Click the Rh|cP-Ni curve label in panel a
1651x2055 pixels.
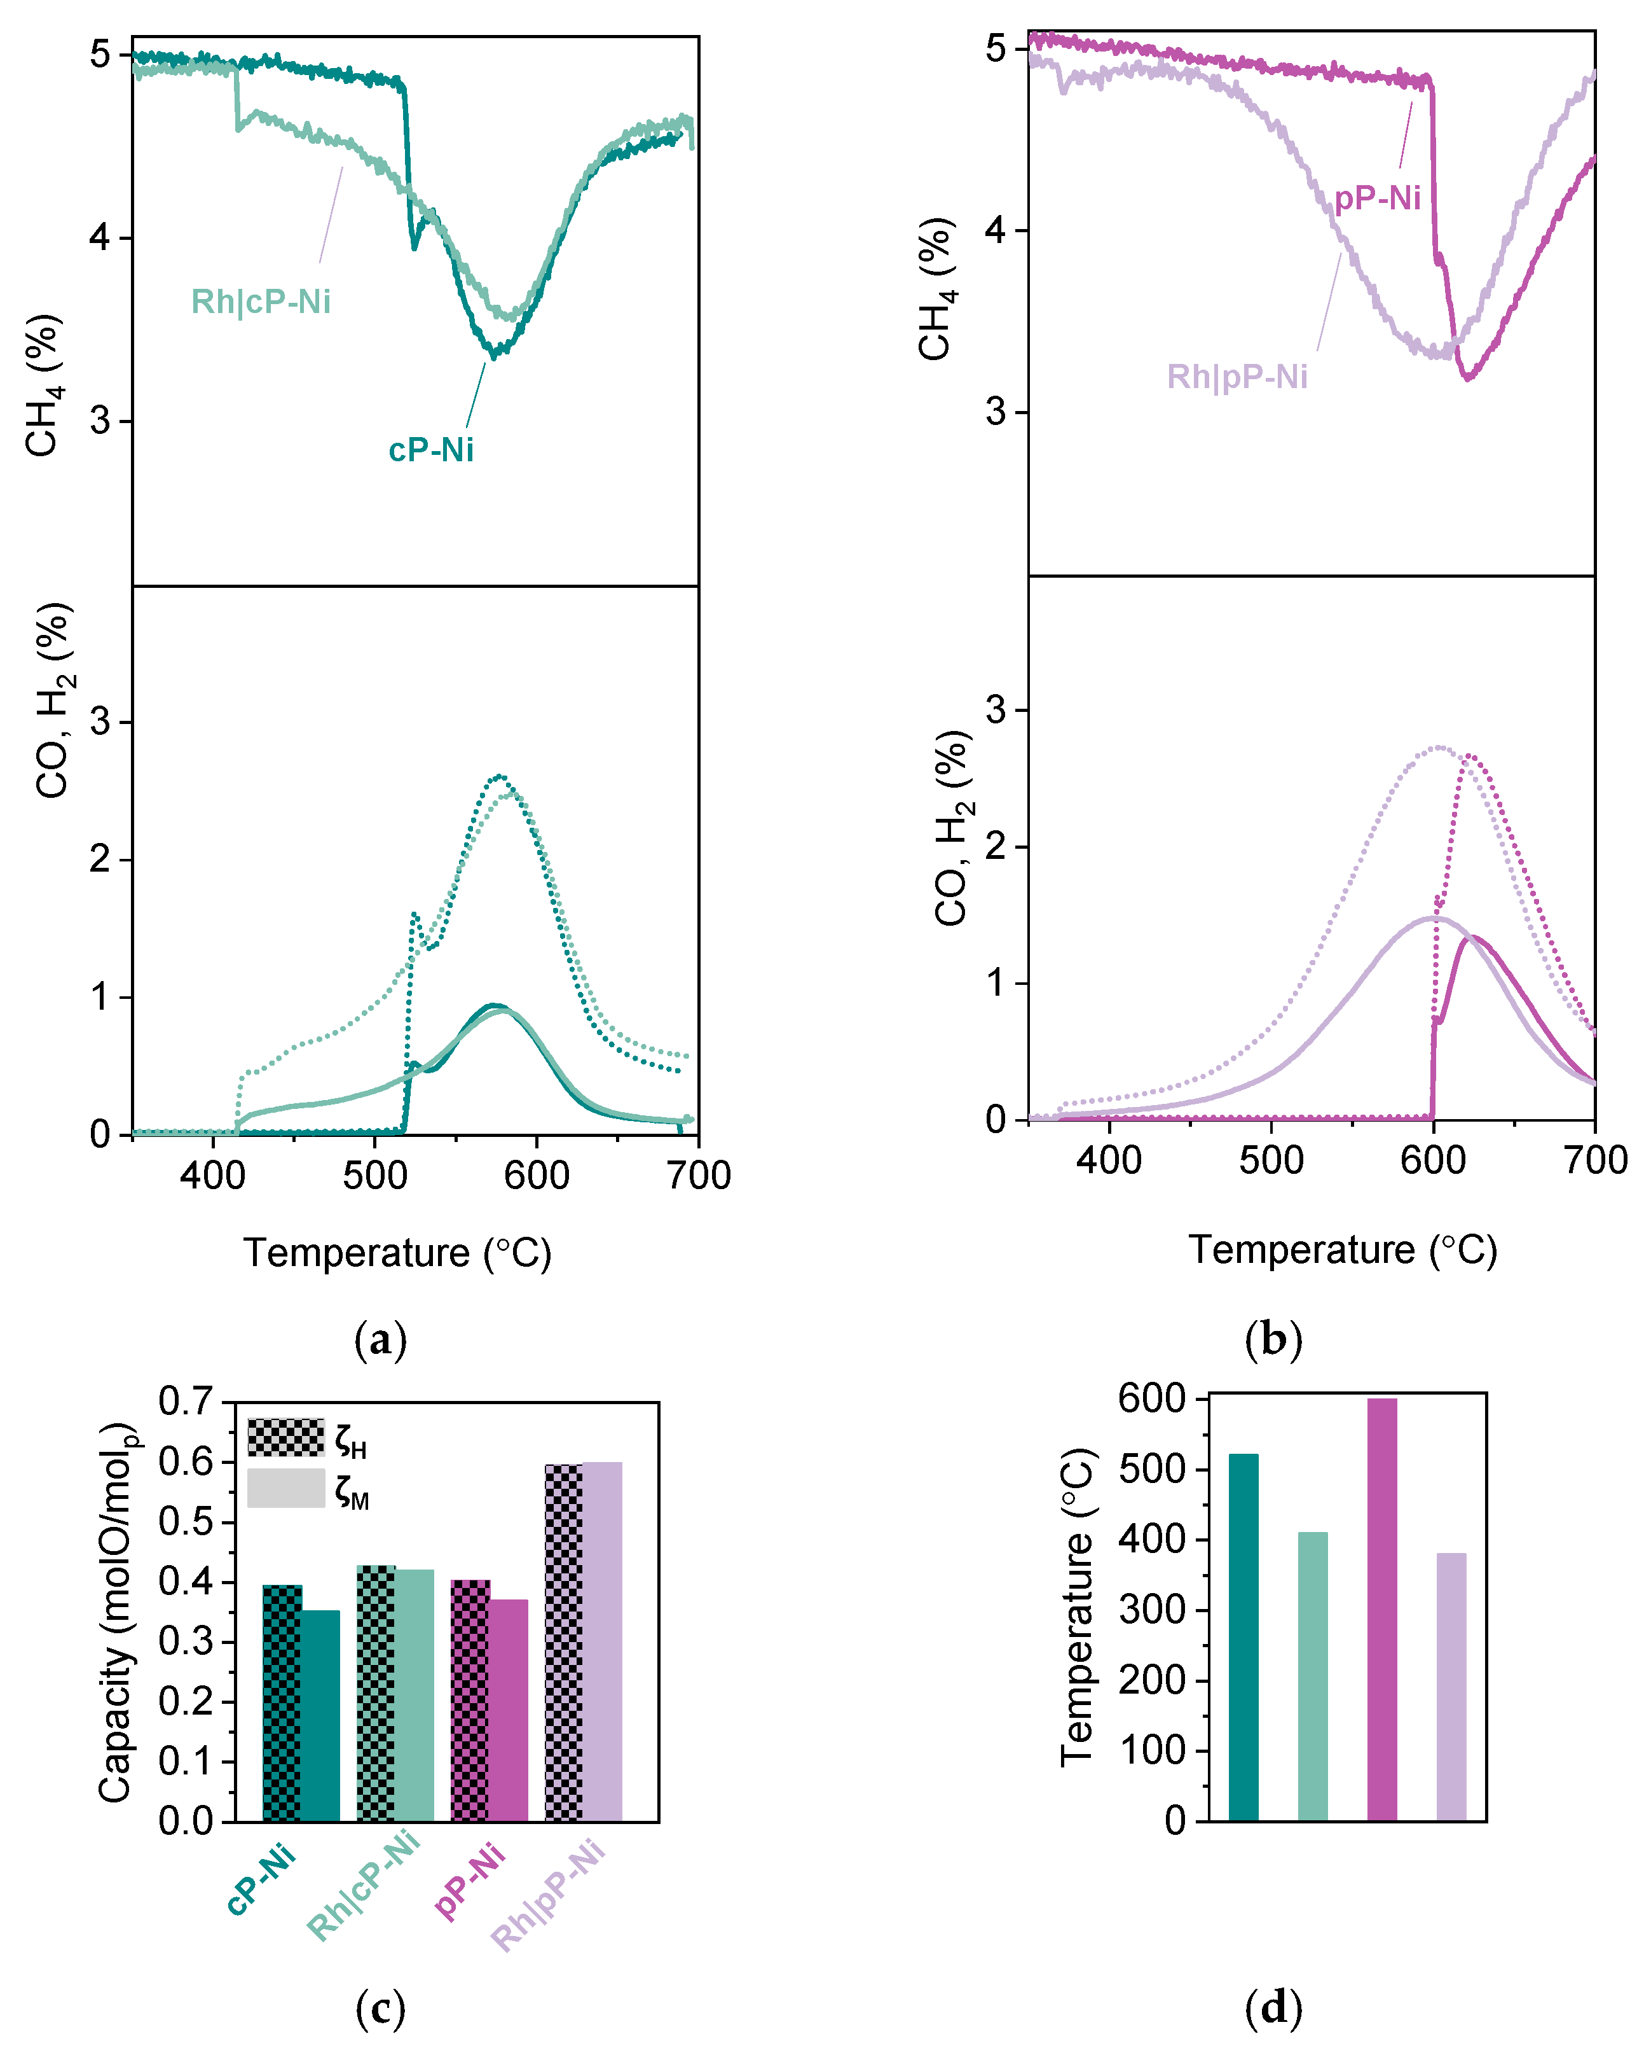click(261, 302)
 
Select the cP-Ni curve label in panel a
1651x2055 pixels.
click(430, 450)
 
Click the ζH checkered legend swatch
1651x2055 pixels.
click(286, 1437)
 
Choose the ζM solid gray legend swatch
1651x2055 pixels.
click(286, 1488)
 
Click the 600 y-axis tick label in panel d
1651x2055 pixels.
click(1152, 1398)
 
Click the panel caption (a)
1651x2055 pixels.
click(380, 1340)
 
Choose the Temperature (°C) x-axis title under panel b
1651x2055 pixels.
click(1342, 1250)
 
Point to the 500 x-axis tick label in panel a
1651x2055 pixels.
click(374, 1175)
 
